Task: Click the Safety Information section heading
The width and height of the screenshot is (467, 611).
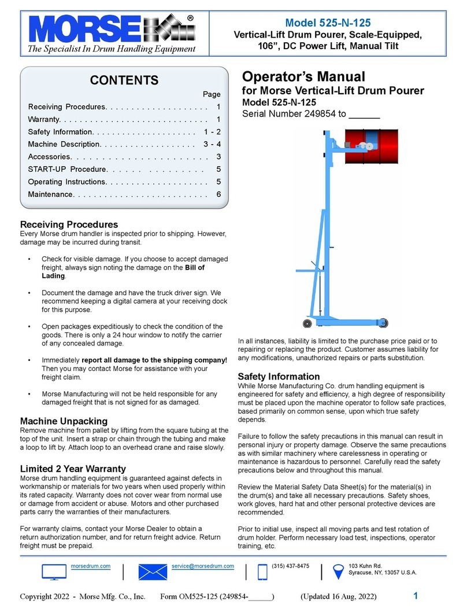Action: click(279, 377)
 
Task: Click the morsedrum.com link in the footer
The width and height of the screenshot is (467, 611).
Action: click(94, 565)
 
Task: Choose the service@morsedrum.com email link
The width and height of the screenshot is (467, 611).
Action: click(203, 565)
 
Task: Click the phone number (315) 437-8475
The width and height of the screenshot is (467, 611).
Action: click(290, 565)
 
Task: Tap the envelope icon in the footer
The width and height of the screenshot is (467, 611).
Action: click(153, 572)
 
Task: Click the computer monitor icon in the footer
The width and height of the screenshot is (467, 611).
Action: click(54, 572)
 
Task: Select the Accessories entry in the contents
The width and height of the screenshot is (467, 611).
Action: click(50, 157)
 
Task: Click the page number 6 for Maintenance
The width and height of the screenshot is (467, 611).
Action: click(218, 194)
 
